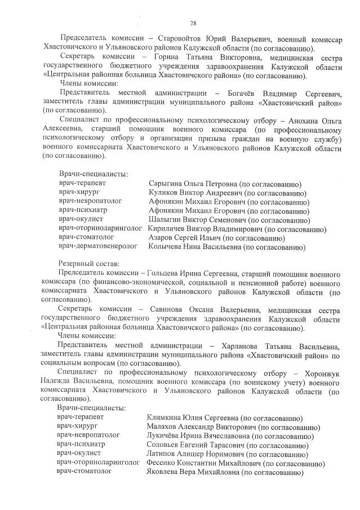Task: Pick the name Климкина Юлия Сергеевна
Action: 192,418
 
